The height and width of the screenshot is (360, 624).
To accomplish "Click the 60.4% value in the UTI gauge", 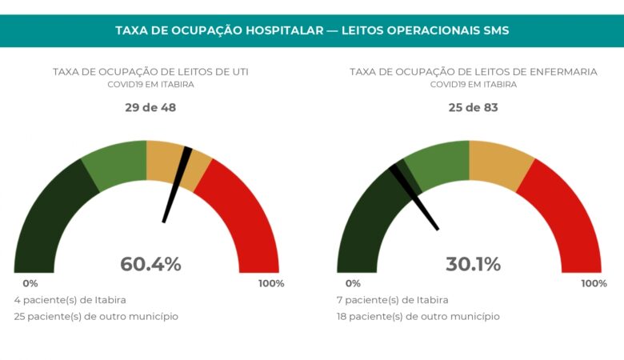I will [150, 264].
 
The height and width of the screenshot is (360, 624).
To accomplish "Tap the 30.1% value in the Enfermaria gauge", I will [473, 264].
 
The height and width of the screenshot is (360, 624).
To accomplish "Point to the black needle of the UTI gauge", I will [176, 185].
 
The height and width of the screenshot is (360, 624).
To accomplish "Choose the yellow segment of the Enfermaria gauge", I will [499, 164].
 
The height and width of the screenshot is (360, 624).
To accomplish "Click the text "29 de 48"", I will [150, 107].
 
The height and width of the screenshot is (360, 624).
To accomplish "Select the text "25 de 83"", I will [473, 107].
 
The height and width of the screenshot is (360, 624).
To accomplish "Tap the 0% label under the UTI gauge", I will [30, 283].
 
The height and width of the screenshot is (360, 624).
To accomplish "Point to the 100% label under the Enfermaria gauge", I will [593, 283].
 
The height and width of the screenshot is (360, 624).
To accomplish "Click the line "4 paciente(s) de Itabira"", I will [70, 300].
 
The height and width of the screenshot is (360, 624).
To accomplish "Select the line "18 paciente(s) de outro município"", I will [418, 316].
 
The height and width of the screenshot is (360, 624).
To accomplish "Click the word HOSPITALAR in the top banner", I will [287, 30].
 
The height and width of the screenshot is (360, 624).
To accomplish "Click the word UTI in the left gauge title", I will [238, 71].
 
